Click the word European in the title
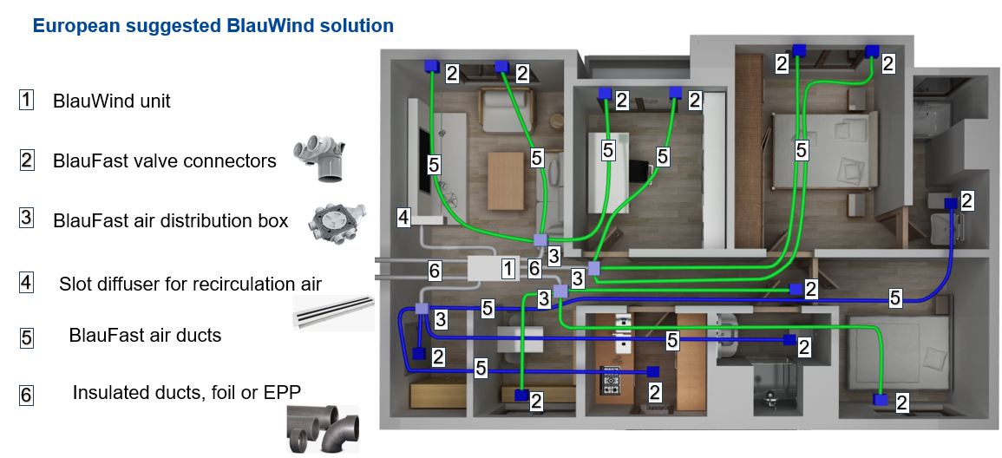[x=72, y=26]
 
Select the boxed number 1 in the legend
[x=27, y=100]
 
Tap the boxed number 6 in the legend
[x=27, y=396]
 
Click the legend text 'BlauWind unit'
[x=112, y=101]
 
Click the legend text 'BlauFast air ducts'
[x=145, y=335]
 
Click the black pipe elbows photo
[x=323, y=428]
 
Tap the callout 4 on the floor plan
[x=403, y=218]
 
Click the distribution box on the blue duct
[x=422, y=309]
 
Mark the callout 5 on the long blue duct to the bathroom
[x=894, y=298]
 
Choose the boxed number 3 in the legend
[x=27, y=218]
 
